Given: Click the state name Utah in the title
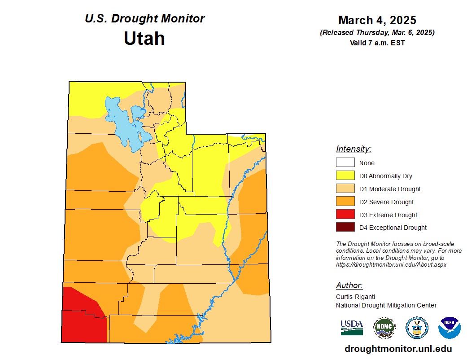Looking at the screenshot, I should [144, 39].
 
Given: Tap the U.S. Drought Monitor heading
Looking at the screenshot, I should [144, 19].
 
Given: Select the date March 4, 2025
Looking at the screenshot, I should [377, 20].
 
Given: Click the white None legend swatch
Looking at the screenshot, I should [345, 163].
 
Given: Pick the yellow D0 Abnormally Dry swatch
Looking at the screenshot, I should [345, 176].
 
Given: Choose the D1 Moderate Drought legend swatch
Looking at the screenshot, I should [345, 189].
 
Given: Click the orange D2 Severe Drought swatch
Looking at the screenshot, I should [345, 202].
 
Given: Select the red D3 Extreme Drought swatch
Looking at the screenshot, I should [345, 215].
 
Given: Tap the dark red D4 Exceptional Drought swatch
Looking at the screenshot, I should [345, 228].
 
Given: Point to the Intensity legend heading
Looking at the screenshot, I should [354, 149].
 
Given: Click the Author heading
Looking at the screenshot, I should [349, 285].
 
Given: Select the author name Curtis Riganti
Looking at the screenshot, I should [355, 297].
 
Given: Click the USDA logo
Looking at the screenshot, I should [352, 327].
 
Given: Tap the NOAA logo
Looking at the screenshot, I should [449, 328].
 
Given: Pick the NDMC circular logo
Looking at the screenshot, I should [384, 328].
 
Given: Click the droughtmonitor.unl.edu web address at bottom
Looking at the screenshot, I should [398, 349].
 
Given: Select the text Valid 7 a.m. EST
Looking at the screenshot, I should [377, 43].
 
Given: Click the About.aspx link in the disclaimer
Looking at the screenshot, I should [391, 265].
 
